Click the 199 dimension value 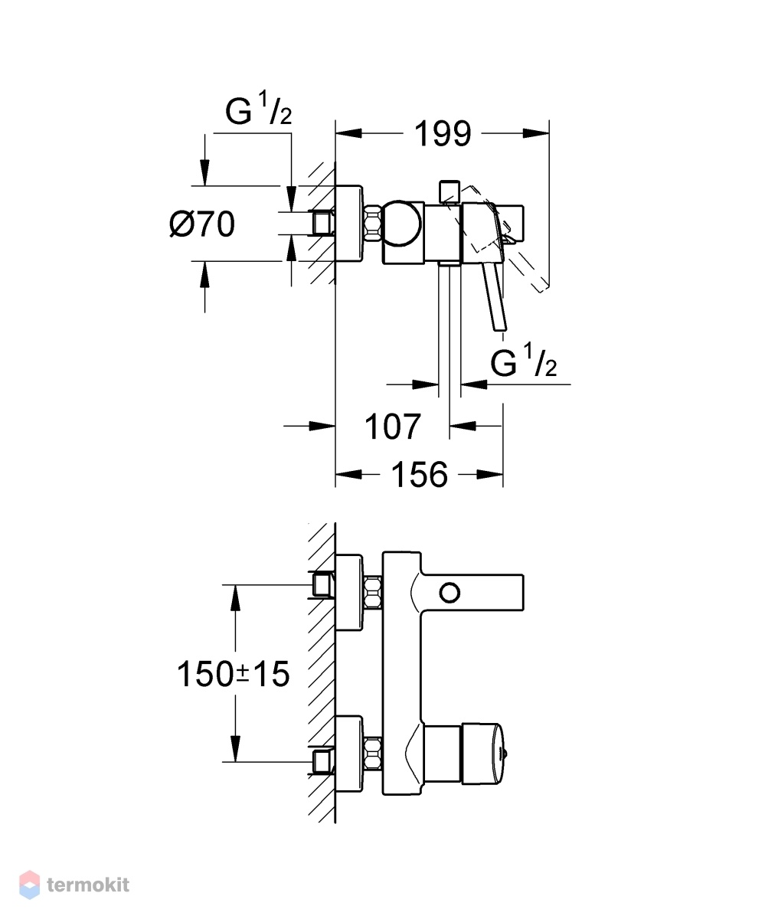pyautogui.click(x=443, y=133)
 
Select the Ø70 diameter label pyautogui.click(x=202, y=224)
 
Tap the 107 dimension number pyautogui.click(x=393, y=427)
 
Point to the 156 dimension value pyautogui.click(x=419, y=475)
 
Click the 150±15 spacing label pyautogui.click(x=234, y=674)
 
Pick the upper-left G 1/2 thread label pyautogui.click(x=258, y=110)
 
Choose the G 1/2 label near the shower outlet pyautogui.click(x=523, y=361)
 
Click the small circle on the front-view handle pyautogui.click(x=450, y=593)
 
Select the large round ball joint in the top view pyautogui.click(x=401, y=224)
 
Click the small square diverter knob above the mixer pyautogui.click(x=449, y=191)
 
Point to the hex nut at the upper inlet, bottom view pyautogui.click(x=373, y=593)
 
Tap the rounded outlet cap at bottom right pyautogui.click(x=486, y=754)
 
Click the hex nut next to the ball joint pyautogui.click(x=373, y=224)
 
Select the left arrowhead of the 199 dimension pyautogui.click(x=348, y=133)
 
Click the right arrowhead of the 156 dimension pyautogui.click(x=489, y=475)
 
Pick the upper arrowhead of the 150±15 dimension pyautogui.click(x=236, y=597)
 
